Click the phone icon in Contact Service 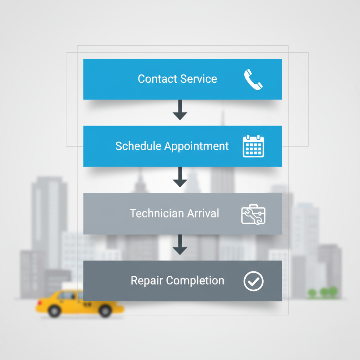pyautogui.click(x=253, y=79)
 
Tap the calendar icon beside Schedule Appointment pyautogui.click(x=253, y=146)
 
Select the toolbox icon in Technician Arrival pyautogui.click(x=253, y=214)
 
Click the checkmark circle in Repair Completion pyautogui.click(x=253, y=281)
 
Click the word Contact pyautogui.click(x=156, y=79)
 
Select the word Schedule pyautogui.click(x=138, y=146)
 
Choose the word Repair pyautogui.click(x=147, y=281)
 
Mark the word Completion pyautogui.click(x=195, y=281)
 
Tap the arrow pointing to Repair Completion pyautogui.click(x=180, y=245)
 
